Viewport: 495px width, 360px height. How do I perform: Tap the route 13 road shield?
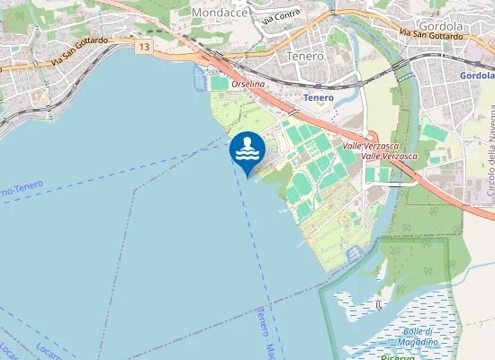click(145, 44)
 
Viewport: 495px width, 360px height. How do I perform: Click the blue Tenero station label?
click(319, 97)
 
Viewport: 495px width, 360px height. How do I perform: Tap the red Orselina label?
click(248, 83)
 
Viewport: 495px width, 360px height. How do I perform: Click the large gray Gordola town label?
click(440, 27)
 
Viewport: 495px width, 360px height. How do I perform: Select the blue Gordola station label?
click(477, 76)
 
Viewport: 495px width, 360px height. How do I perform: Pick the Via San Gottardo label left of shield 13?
click(80, 54)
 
